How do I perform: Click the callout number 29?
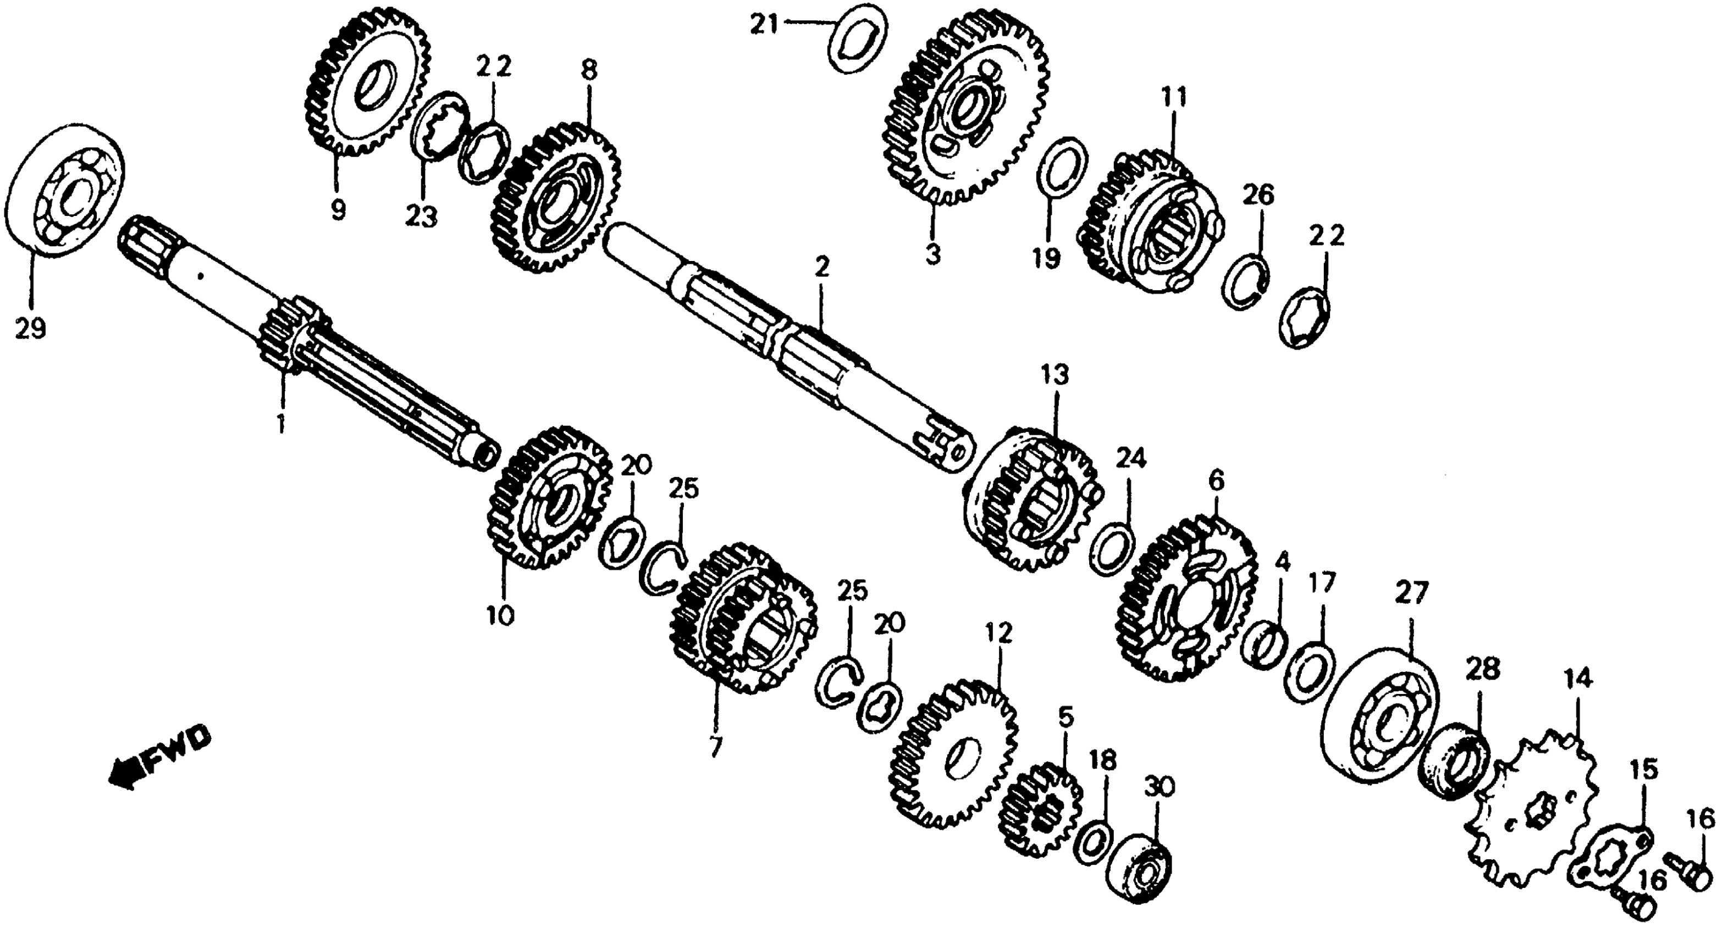pyautogui.click(x=31, y=329)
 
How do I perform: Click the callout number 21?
pyautogui.click(x=764, y=26)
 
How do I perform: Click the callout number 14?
pyautogui.click(x=1578, y=681)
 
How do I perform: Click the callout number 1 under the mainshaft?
pyautogui.click(x=280, y=424)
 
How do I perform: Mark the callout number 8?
pyautogui.click(x=589, y=70)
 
